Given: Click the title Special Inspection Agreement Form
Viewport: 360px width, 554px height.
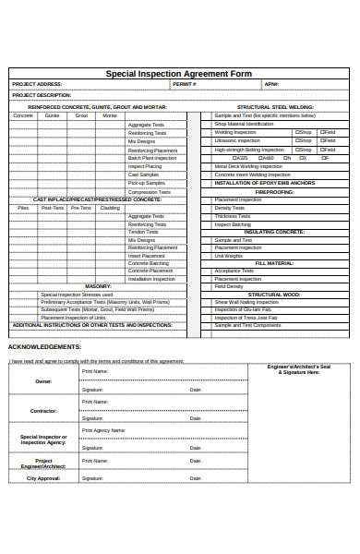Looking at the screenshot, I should point(179,73).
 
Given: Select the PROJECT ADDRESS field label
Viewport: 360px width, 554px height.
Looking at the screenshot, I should point(36,84).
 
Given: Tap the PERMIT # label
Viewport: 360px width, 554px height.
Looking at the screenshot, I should point(185,84).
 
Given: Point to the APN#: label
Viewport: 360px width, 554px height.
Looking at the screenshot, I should point(271,84).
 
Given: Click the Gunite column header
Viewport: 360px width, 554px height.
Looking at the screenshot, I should point(52,115).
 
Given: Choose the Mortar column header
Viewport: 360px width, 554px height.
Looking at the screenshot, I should point(110,115).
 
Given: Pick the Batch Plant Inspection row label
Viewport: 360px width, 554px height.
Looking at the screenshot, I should point(151,158).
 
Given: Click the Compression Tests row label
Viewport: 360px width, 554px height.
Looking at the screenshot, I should point(149,191).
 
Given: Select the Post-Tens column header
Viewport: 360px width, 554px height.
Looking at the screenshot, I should point(53,208).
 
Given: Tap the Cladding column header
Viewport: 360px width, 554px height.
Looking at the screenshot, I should point(110,208).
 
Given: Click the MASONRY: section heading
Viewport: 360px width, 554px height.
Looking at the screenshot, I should point(98,286).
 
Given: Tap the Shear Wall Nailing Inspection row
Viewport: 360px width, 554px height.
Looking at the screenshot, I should point(246,302).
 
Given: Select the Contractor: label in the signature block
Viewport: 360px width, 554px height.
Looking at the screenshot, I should point(43,410).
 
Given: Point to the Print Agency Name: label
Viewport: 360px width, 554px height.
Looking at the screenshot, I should point(103,430).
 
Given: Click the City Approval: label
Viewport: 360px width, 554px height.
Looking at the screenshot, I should point(43,478).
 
